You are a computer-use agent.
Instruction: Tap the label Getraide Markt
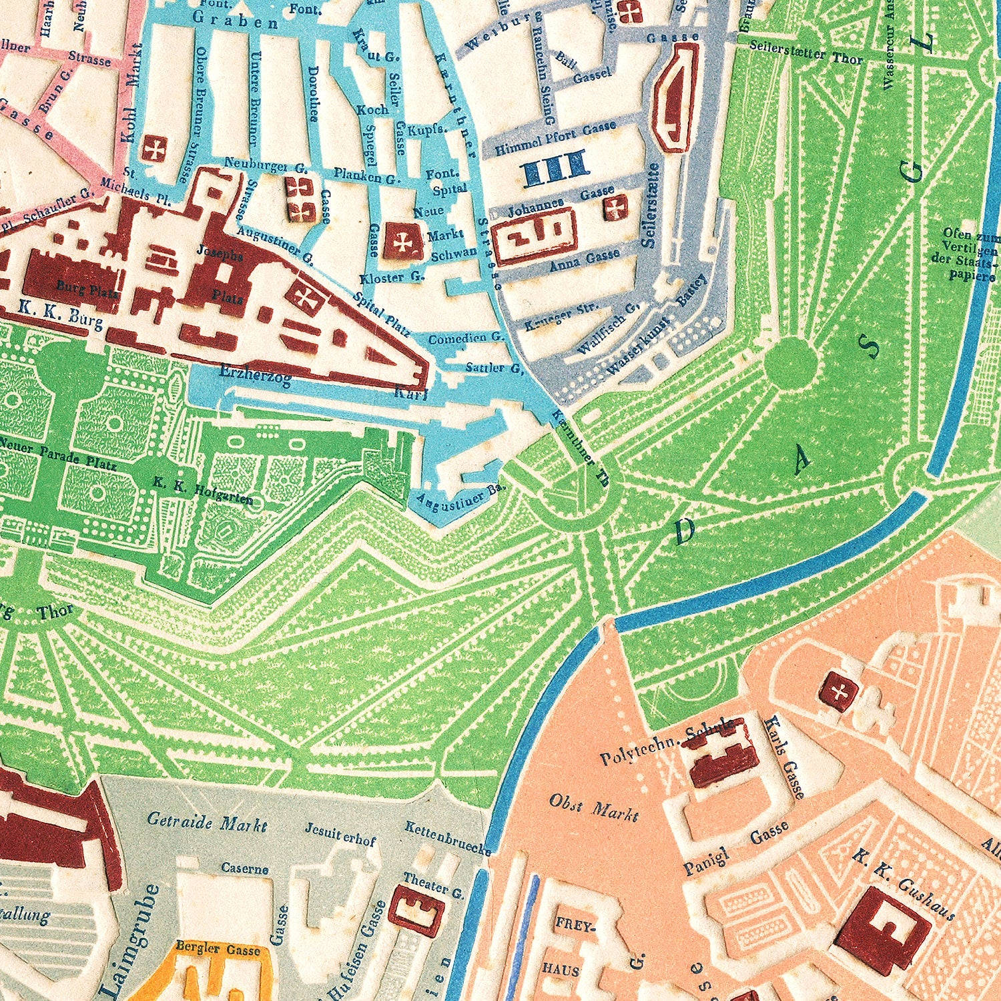point(207,821)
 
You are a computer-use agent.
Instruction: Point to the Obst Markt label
point(593,807)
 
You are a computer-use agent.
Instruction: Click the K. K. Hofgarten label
point(202,491)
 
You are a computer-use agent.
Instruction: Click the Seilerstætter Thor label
point(805,52)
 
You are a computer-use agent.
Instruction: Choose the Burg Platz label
point(87,290)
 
